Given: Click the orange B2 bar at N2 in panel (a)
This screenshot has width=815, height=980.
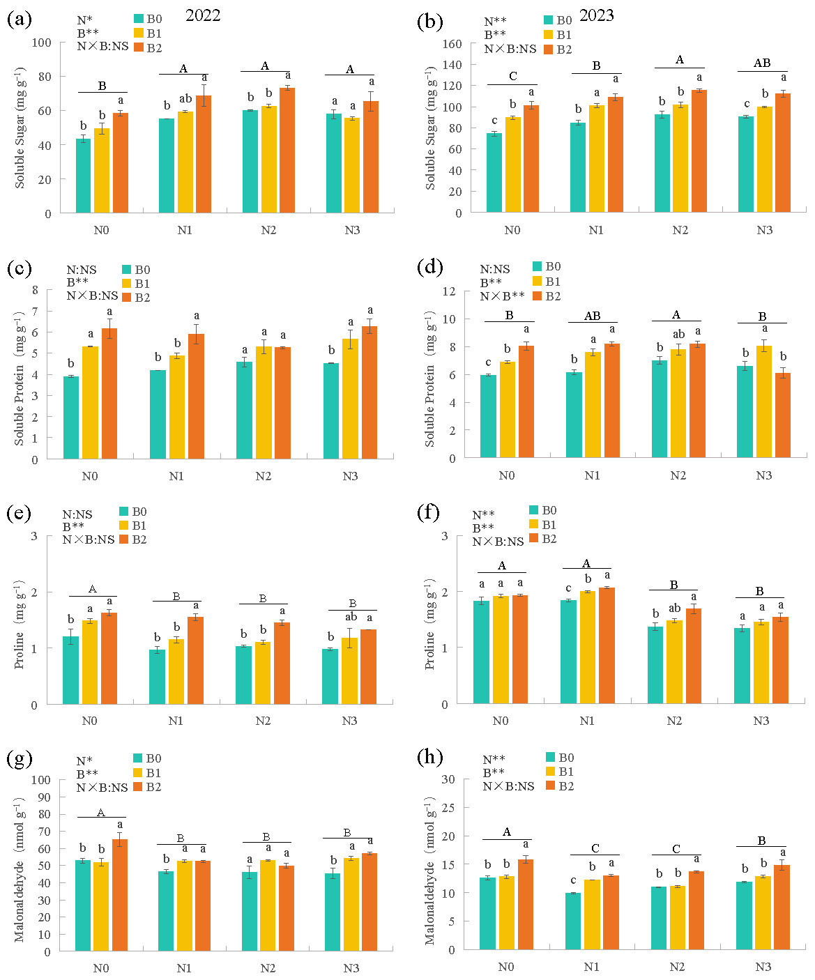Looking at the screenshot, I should click(287, 151).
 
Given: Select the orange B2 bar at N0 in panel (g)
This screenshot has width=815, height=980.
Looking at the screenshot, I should click(120, 895).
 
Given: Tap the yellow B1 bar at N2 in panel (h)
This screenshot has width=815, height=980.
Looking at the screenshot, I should click(678, 917).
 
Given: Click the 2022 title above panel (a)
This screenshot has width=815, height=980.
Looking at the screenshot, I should click(203, 15).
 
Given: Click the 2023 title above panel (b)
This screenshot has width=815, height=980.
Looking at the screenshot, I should click(596, 15).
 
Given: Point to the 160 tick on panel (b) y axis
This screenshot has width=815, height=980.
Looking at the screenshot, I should click(453, 43).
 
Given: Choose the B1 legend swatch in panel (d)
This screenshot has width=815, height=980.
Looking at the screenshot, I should click(538, 281).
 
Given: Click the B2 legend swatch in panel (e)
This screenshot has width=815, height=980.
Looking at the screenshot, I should click(125, 539).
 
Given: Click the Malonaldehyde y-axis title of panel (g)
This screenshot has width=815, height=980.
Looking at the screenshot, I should click(20, 871).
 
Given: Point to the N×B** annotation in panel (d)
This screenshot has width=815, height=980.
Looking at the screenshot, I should click(501, 296).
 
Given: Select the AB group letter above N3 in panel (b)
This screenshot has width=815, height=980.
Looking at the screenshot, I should click(762, 63).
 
